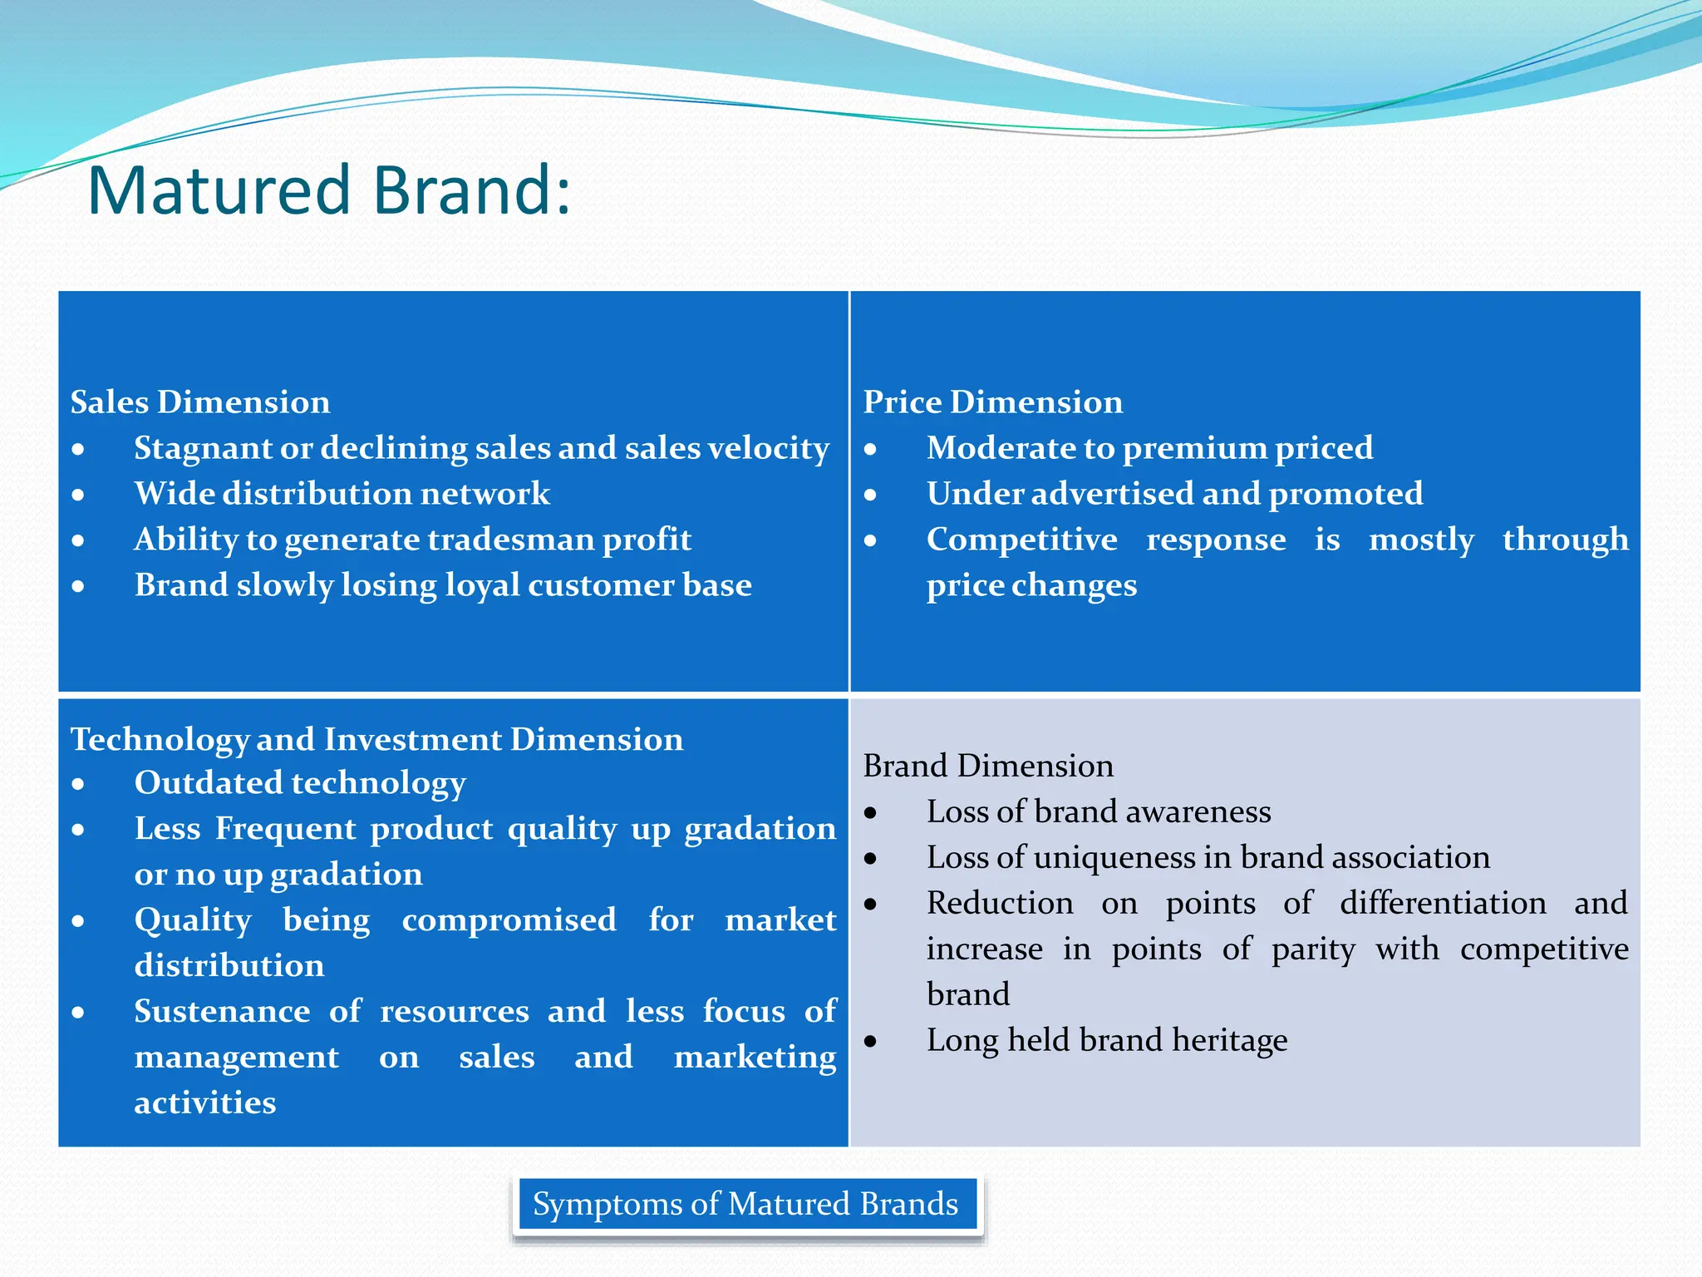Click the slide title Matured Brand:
329,190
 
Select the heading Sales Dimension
200,402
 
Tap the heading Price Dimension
992,402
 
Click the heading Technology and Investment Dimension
376,739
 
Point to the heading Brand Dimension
988,766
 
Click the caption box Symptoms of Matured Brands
745,1204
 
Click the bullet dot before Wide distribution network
78,496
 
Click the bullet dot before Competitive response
870,541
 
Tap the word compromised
509,920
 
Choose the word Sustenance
222,1012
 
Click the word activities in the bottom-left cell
205,1103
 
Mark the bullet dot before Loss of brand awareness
870,813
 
